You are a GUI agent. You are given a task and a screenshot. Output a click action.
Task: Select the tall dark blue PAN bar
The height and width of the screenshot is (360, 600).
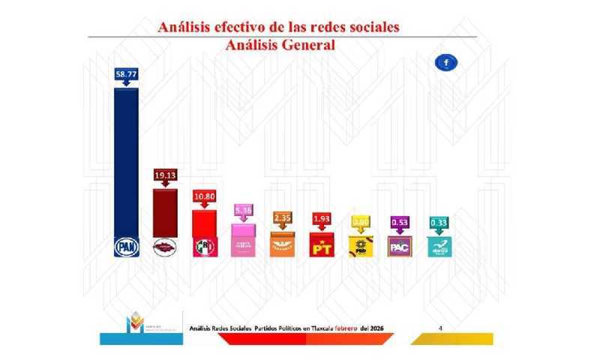125,165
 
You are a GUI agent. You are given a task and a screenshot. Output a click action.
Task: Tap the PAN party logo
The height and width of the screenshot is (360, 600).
125,246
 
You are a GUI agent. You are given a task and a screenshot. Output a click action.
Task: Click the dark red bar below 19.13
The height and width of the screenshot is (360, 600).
165,211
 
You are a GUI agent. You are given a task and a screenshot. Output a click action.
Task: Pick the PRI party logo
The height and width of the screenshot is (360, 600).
205,246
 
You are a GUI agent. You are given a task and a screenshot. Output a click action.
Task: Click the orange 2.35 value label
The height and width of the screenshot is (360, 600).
283,218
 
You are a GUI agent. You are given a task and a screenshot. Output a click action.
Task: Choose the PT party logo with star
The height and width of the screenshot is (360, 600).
322,244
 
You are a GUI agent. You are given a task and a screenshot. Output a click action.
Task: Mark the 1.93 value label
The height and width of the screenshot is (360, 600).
322,218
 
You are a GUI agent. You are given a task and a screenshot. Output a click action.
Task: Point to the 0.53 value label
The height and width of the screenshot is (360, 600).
400,223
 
